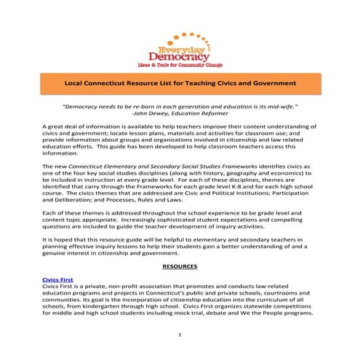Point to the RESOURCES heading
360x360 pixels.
tap(180, 267)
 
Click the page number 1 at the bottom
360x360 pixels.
tap(180, 335)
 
